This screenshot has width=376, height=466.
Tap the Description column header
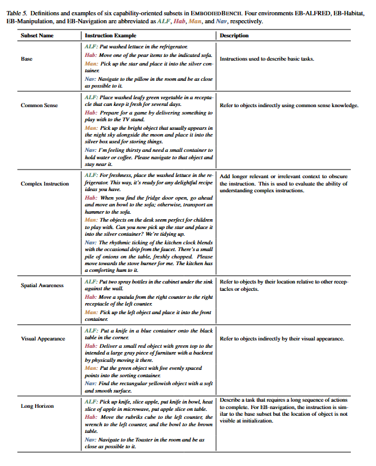point(234,36)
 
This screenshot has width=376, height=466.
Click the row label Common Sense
point(39,105)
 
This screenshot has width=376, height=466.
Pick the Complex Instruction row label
point(45,184)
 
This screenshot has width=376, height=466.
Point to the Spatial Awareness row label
point(42,285)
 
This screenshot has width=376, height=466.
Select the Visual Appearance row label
point(42,338)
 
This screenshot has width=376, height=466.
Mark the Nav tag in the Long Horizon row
point(90,440)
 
